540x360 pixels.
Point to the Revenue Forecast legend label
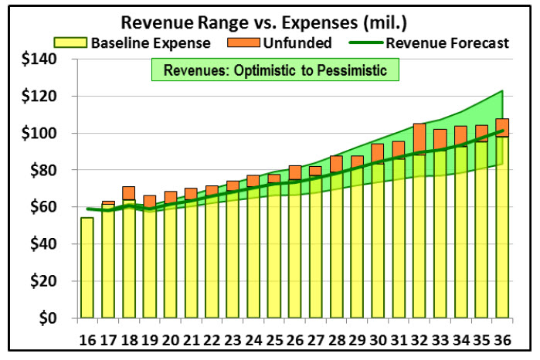(x=447, y=42)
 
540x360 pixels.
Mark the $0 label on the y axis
(x=49, y=318)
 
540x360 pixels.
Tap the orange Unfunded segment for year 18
(x=129, y=193)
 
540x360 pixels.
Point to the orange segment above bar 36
(x=502, y=127)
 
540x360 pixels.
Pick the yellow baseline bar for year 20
(x=171, y=263)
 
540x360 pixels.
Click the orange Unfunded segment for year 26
(x=295, y=172)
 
